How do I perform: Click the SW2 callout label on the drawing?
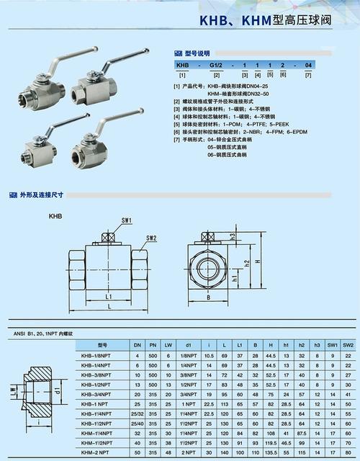[151, 238]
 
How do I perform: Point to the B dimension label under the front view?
[207, 296]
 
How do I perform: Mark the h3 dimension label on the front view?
[234, 236]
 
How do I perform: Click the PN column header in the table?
[152, 345]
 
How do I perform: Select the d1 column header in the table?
[187, 345]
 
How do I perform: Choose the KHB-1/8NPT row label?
[96, 356]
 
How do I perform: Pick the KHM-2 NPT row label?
[96, 452]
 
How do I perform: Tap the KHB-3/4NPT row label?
[96, 394]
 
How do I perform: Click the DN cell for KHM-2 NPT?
[137, 452]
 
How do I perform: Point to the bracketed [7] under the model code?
[308, 75]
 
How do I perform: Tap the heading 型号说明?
[197, 53]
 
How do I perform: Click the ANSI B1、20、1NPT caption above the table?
[42, 334]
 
